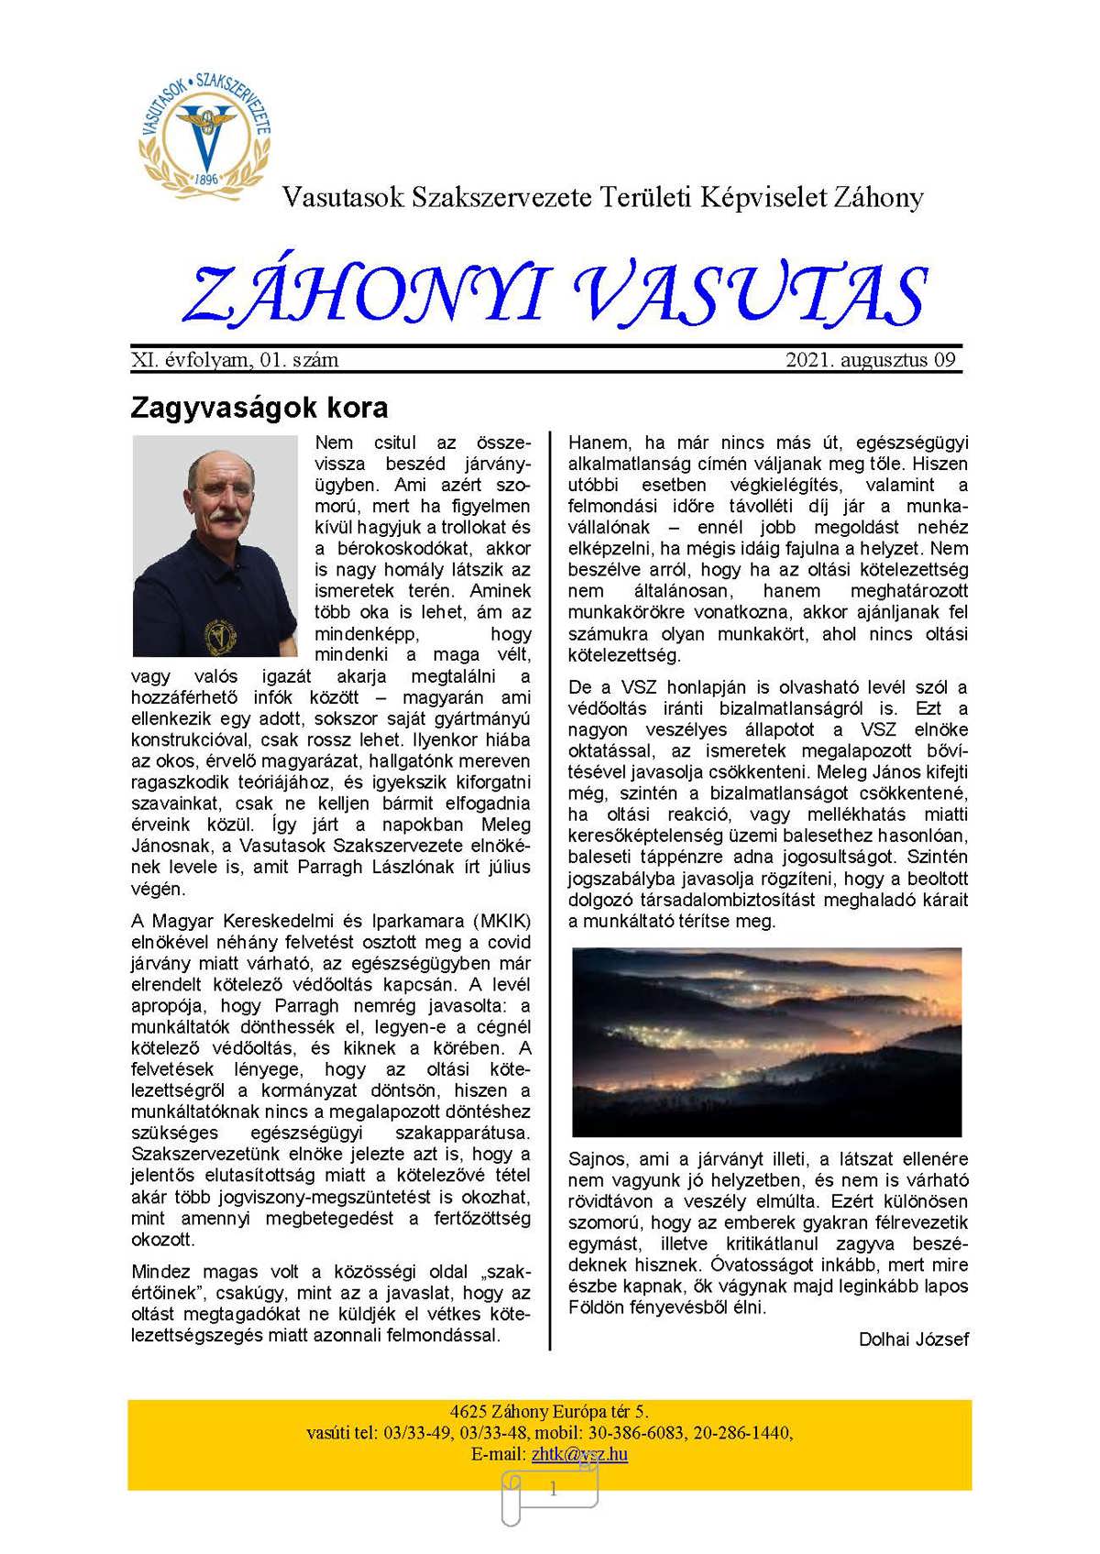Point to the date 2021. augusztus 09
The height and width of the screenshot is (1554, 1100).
[x=870, y=360]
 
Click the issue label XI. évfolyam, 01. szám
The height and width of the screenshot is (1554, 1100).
[x=235, y=360]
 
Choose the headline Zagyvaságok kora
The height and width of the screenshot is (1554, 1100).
[x=259, y=407]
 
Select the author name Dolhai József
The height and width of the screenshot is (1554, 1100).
[x=913, y=1340]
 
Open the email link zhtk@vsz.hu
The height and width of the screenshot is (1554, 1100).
[x=579, y=1454]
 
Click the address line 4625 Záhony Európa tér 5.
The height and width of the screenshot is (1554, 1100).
[x=549, y=1412]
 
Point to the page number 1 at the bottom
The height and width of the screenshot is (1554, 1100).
[x=553, y=1490]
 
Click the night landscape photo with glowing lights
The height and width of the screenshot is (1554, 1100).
[x=765, y=1041]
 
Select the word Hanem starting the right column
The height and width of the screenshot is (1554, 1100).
[x=597, y=443]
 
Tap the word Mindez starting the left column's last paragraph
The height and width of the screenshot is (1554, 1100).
[x=161, y=1272]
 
